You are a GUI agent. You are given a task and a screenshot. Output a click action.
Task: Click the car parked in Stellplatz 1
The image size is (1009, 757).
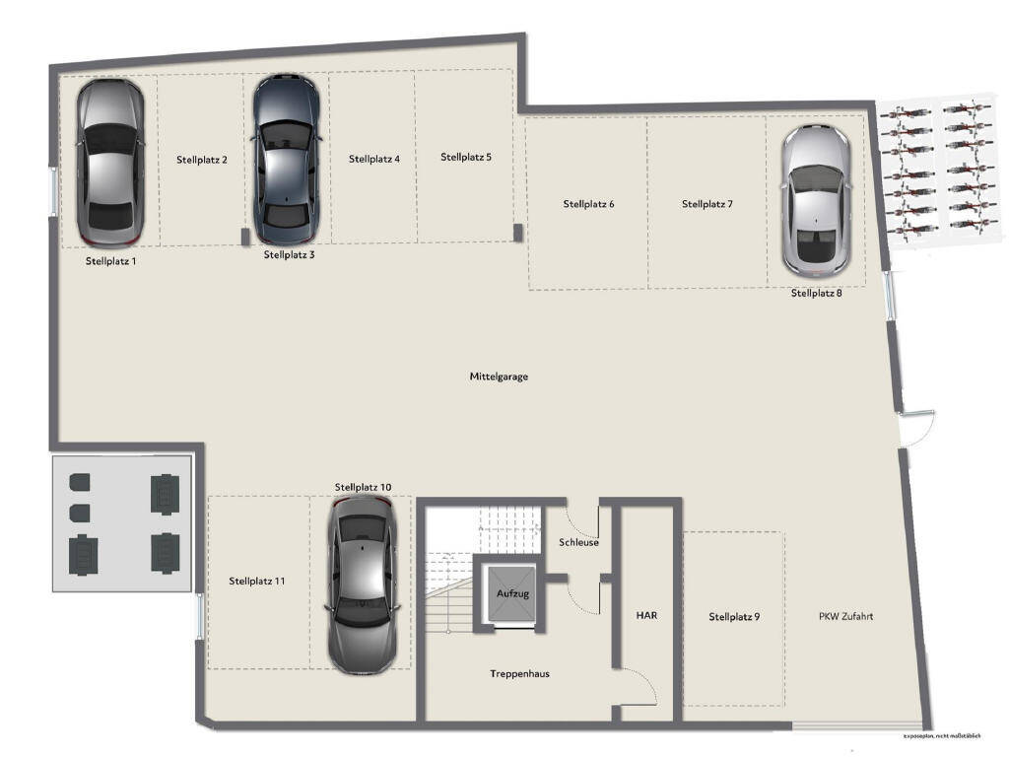click(x=110, y=163)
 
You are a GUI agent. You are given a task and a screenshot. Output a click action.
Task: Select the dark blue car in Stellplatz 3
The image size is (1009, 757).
click(x=286, y=160)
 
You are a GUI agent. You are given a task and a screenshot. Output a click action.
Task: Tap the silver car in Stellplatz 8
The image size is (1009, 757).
click(x=816, y=200)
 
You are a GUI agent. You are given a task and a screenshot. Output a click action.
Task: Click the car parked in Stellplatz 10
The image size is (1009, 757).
click(x=363, y=584)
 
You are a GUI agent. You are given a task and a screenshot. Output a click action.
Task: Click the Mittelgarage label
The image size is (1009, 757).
click(x=499, y=377)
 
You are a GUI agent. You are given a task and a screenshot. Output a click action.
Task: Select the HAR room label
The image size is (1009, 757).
click(x=646, y=615)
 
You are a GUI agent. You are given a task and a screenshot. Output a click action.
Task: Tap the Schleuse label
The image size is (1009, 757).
click(x=578, y=542)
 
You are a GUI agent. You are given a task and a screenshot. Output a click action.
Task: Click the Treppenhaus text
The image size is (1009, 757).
click(x=519, y=674)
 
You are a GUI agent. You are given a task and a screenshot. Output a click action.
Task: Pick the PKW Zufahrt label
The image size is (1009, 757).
click(x=845, y=617)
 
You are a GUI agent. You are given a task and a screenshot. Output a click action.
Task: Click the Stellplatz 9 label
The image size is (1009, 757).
click(x=734, y=617)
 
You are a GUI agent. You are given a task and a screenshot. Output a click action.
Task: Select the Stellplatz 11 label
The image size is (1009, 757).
click(x=256, y=582)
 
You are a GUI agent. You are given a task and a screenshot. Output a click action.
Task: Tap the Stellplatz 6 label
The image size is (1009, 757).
click(x=588, y=204)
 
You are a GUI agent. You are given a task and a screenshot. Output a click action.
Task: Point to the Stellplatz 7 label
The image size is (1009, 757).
click(x=706, y=204)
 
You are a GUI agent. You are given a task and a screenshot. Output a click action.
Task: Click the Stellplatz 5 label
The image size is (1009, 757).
click(x=465, y=157)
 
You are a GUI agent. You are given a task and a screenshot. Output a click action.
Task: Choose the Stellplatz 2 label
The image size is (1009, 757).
click(x=202, y=159)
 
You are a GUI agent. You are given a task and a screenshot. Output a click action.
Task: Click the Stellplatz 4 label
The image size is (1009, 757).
click(x=373, y=158)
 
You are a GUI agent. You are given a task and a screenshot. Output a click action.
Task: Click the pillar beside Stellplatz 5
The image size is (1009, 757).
click(x=517, y=232)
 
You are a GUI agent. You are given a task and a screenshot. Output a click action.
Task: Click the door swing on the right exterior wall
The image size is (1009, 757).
click(x=916, y=427)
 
